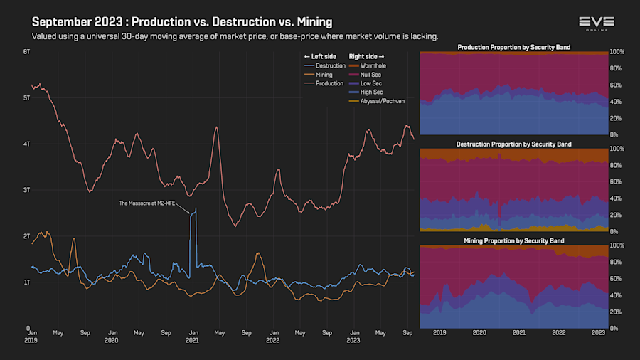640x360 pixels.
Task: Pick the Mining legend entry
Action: coord(324,75)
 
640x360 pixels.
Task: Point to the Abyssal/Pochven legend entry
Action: coord(382,101)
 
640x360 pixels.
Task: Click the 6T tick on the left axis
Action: coord(26,52)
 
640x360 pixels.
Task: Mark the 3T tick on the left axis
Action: coord(26,190)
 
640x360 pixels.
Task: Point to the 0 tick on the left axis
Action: coord(28,328)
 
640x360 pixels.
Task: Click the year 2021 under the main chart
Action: coord(192,341)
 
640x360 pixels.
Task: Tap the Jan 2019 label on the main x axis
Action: coord(32,336)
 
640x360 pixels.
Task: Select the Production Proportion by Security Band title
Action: coord(513,48)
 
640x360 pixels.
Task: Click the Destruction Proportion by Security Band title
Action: coord(513,144)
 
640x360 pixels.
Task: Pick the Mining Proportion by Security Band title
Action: coord(513,241)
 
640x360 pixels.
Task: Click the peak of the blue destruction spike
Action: coord(196,208)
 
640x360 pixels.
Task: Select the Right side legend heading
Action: coord(368,56)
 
